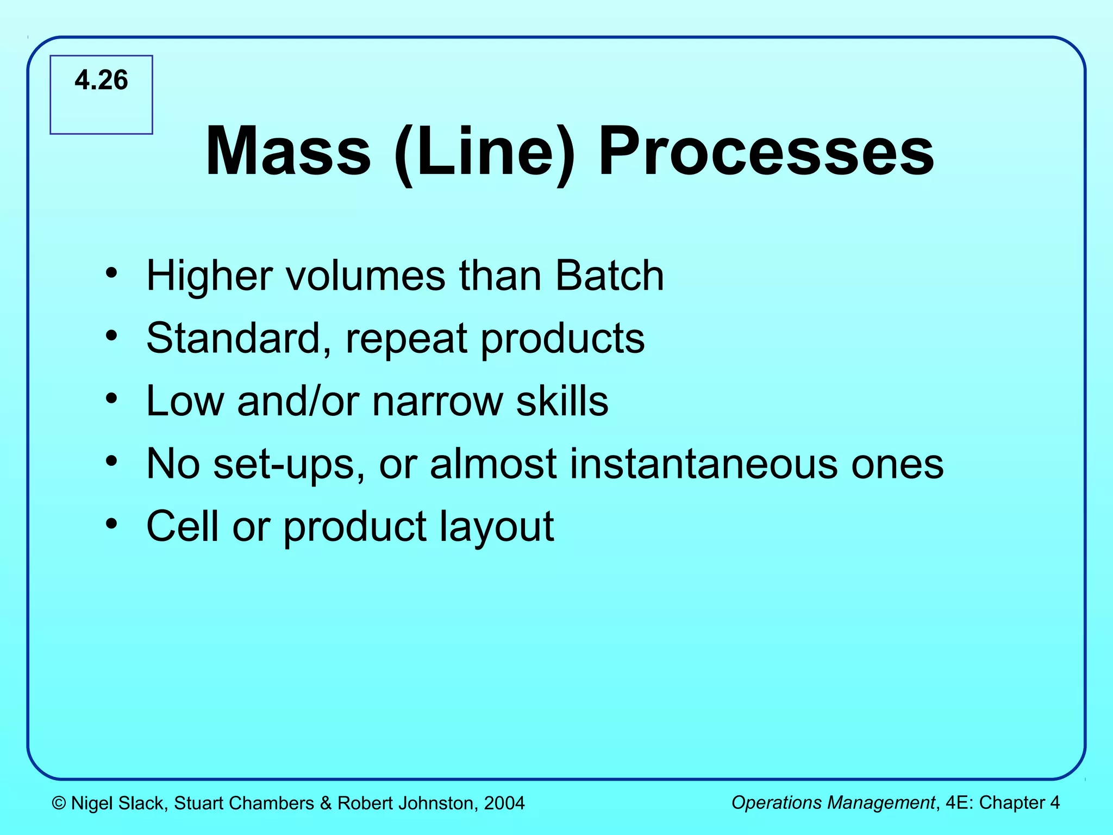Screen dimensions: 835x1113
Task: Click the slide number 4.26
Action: [101, 80]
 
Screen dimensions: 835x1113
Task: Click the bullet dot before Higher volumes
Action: [111, 272]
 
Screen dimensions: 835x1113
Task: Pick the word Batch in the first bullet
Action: [609, 276]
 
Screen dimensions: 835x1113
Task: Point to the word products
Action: [562, 340]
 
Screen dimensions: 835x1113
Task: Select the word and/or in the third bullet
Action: [298, 401]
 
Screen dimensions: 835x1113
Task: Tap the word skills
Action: [562, 401]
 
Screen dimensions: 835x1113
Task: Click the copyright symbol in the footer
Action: [59, 803]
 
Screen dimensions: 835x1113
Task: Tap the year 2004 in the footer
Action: [504, 803]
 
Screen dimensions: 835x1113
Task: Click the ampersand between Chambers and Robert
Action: [326, 803]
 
